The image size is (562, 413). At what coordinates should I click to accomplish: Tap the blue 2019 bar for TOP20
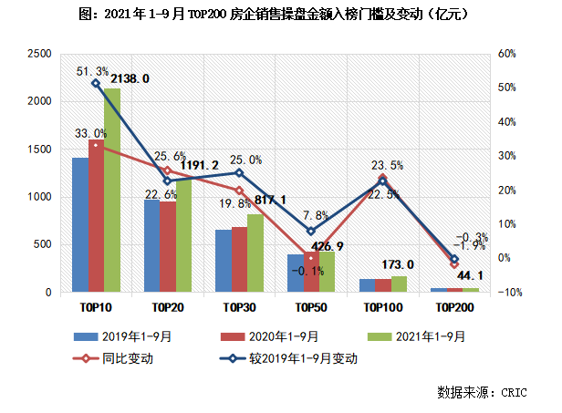tap(151, 246)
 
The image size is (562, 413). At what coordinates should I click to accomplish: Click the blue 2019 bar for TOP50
tap(293, 274)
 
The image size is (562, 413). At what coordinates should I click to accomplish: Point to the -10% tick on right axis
tap(507, 293)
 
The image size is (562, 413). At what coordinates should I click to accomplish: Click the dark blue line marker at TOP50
tap(310, 231)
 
